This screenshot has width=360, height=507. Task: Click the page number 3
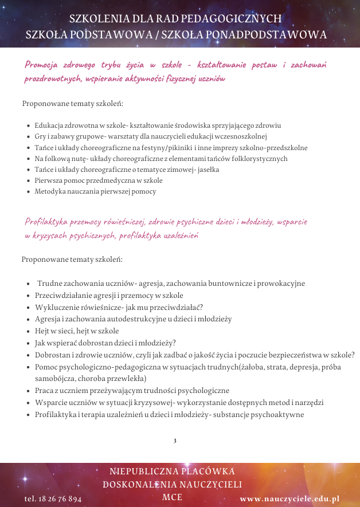click(x=174, y=441)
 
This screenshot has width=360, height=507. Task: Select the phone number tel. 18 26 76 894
click(x=53, y=499)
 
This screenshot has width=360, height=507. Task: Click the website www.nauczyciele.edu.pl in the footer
click(x=289, y=499)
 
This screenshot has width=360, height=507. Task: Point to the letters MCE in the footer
click(x=172, y=497)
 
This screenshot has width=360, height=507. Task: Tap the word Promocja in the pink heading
click(x=42, y=64)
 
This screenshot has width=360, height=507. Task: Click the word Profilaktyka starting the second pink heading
click(x=47, y=221)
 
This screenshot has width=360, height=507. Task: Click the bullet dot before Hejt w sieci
click(x=29, y=331)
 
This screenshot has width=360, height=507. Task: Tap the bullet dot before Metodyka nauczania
click(x=29, y=192)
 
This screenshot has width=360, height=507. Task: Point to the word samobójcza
click(x=53, y=379)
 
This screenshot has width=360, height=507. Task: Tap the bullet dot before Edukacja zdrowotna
click(x=29, y=125)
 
